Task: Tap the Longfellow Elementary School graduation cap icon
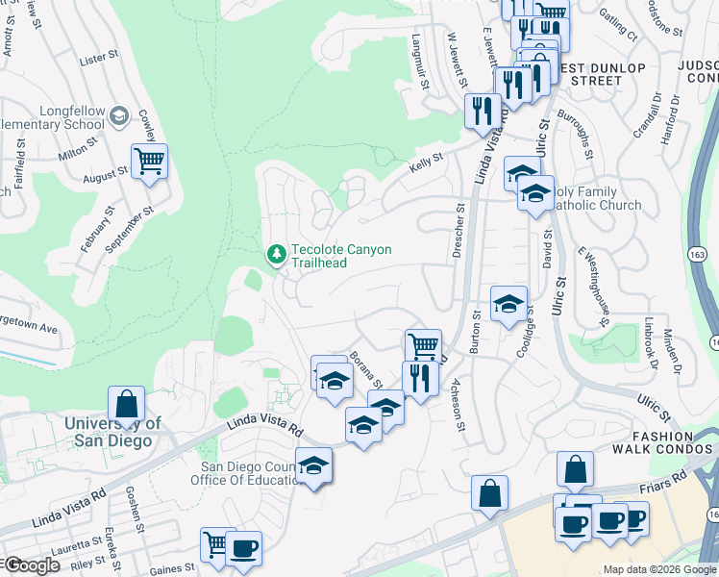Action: (x=119, y=115)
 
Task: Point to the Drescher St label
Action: (x=458, y=231)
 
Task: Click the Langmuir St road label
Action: (x=420, y=62)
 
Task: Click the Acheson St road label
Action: (x=458, y=404)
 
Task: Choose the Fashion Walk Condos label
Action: (x=669, y=441)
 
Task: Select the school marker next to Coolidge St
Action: (x=508, y=305)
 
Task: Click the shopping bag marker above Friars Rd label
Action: (x=575, y=470)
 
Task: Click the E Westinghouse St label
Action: (x=594, y=287)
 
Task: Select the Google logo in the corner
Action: (x=32, y=565)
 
